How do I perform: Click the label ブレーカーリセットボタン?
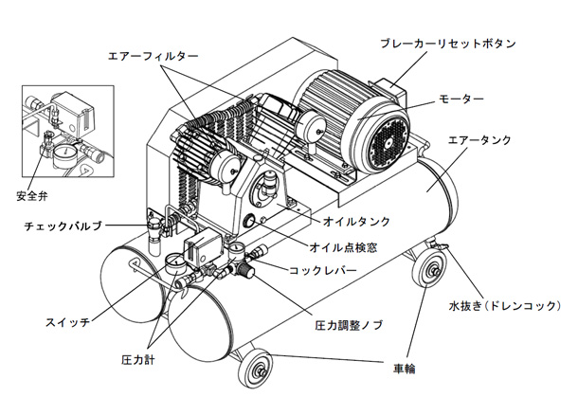click(x=446, y=44)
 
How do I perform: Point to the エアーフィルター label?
click(x=150, y=56)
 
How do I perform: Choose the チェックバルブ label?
click(x=63, y=226)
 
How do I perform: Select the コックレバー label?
click(x=325, y=270)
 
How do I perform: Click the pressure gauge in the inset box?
click(x=61, y=153)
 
